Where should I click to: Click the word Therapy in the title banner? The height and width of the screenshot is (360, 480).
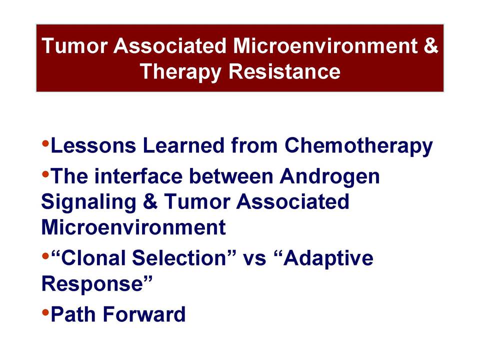[x=180, y=72]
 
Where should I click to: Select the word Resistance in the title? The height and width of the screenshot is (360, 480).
[x=284, y=71]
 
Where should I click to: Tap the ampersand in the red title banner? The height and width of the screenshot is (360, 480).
[x=431, y=45]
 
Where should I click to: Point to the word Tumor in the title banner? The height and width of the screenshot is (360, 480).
[x=74, y=45]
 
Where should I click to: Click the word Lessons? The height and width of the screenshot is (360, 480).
[x=93, y=145]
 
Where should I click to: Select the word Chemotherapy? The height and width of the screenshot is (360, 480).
[x=358, y=146]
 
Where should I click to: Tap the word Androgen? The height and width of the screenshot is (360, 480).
[x=329, y=177]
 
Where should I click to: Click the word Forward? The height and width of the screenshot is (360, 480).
[x=144, y=314]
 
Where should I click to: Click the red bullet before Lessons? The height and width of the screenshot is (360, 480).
[x=45, y=142]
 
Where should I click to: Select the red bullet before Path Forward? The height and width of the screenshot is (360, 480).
[x=45, y=312]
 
